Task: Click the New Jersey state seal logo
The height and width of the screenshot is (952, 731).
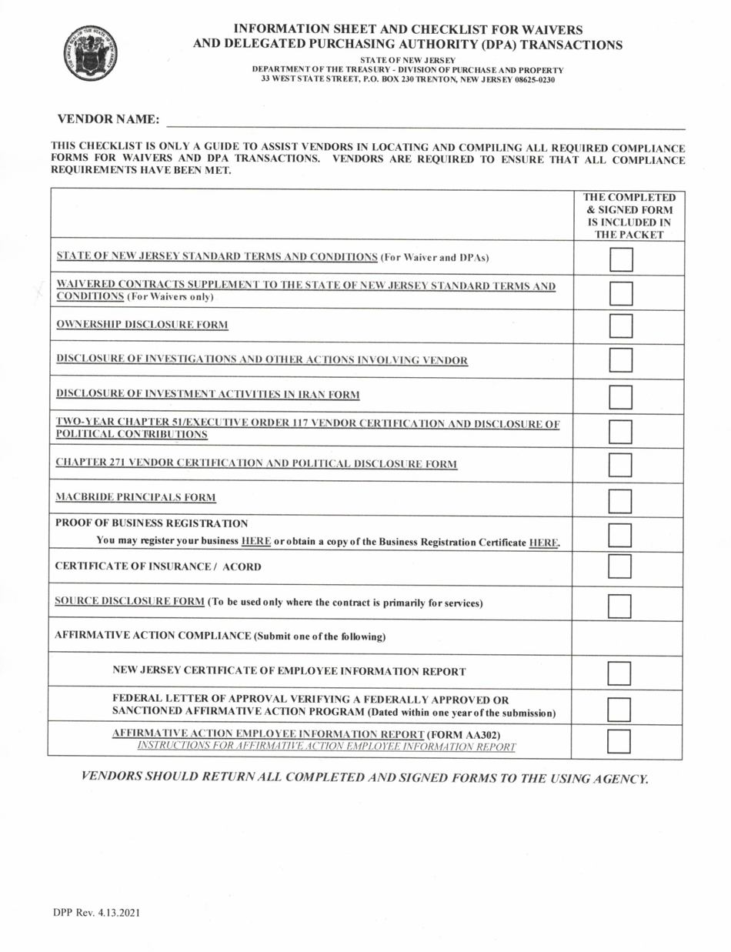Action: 91,51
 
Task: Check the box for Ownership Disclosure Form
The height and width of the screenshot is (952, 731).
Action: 620,326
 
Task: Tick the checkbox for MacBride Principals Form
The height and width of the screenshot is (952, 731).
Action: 620,502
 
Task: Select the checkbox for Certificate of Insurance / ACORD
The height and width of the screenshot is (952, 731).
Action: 620,566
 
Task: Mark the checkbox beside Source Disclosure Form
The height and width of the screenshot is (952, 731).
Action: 620,606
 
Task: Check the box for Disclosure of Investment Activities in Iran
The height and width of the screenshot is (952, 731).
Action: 620,396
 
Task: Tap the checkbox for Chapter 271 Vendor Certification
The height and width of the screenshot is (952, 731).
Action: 620,465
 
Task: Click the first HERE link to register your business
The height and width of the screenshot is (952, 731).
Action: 256,541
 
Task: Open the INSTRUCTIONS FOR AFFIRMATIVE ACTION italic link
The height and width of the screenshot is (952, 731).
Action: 326,747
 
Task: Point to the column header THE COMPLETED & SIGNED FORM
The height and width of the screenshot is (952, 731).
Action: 629,215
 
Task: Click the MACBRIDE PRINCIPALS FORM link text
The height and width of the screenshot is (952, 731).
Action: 135,497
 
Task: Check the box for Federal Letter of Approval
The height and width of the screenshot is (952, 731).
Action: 619,709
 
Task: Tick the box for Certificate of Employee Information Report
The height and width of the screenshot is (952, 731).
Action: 619,673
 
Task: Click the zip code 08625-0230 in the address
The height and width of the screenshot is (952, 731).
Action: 529,79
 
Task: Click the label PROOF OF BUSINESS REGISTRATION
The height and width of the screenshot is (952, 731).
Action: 152,523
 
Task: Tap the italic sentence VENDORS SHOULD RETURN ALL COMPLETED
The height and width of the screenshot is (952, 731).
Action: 365,777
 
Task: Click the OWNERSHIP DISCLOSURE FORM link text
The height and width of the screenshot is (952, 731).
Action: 142,325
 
